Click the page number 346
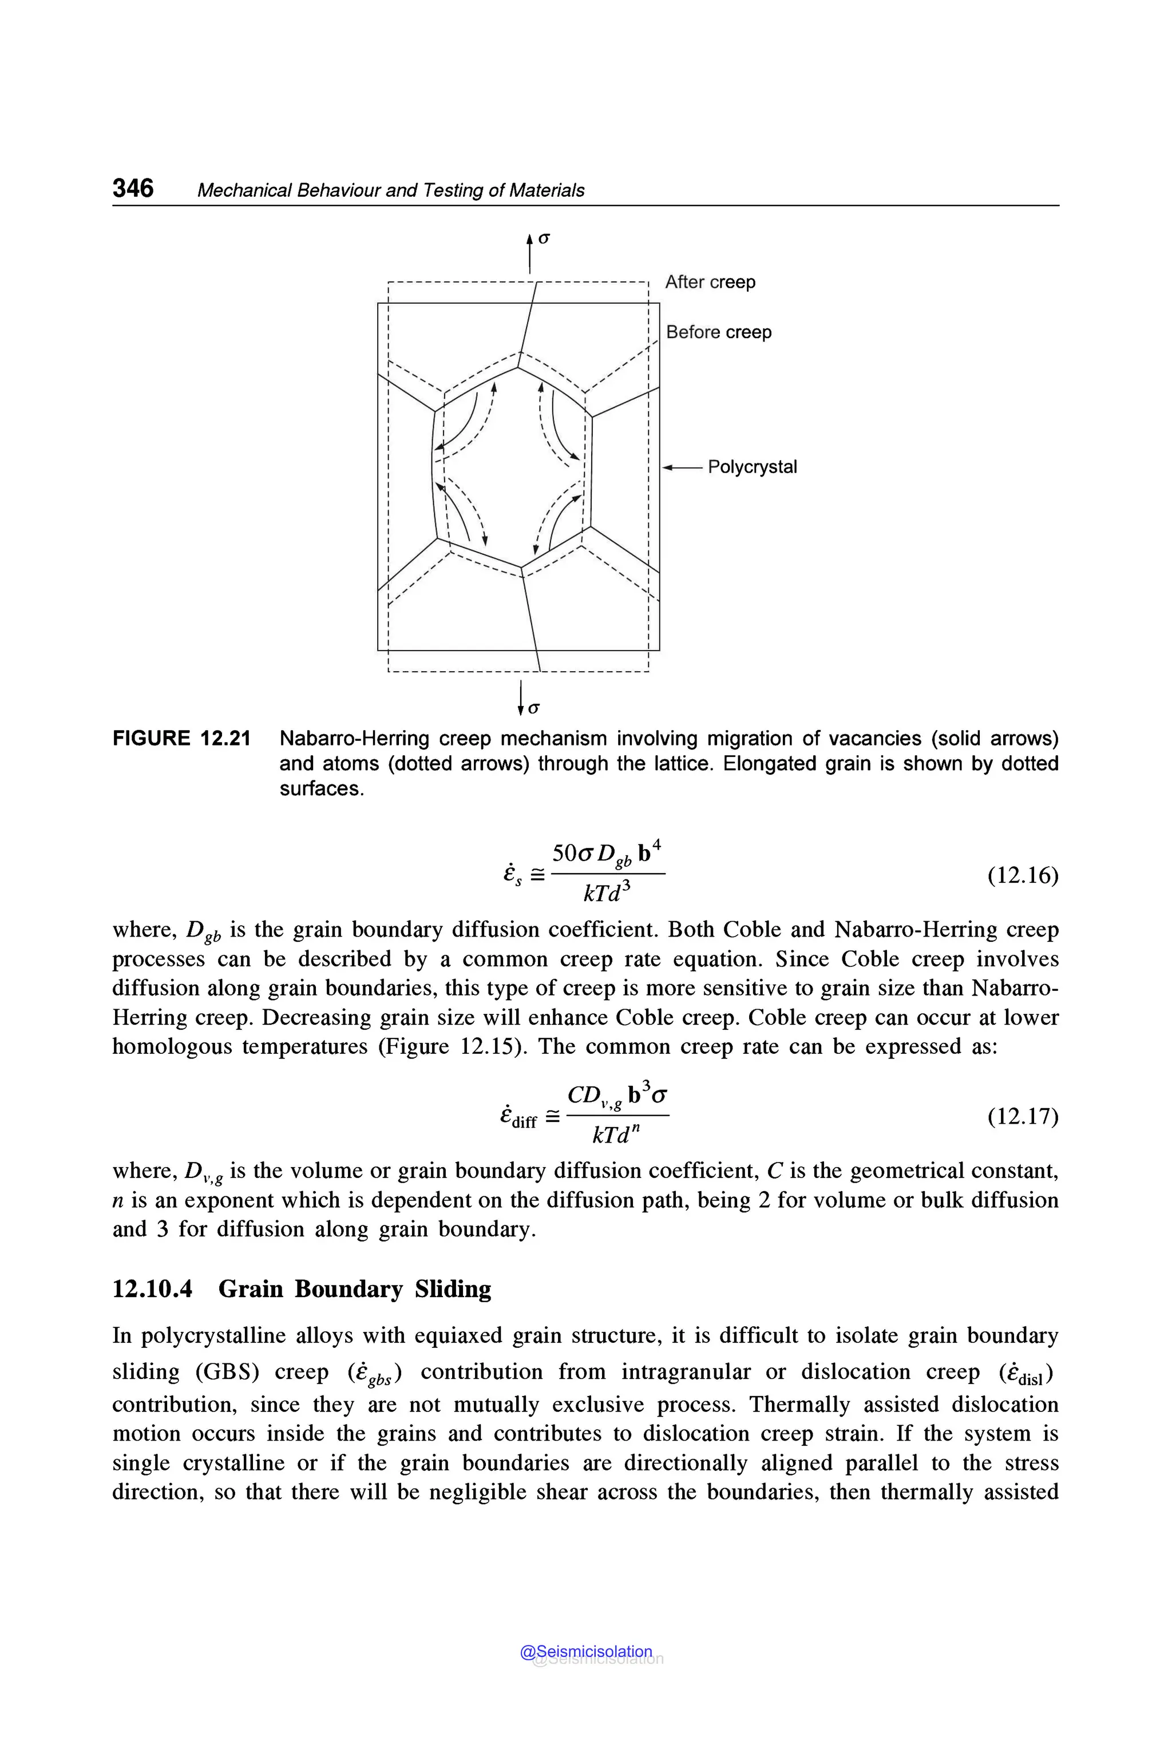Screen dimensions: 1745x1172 point(133,188)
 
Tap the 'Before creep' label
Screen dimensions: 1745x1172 point(718,332)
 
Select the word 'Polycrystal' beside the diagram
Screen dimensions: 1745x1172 point(752,467)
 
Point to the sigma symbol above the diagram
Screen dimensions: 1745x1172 point(544,239)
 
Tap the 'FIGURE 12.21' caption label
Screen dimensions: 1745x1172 point(181,739)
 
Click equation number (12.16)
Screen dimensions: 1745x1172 point(1023,875)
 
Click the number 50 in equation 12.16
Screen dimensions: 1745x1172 point(564,852)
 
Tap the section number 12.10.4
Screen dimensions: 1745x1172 point(152,1289)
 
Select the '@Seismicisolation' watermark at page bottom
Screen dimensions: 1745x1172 point(586,1652)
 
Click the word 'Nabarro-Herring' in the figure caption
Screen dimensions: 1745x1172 point(354,739)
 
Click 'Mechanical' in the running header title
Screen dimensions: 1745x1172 point(244,191)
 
